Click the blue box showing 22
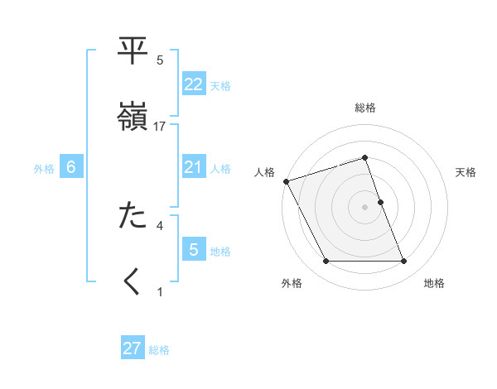pos(193,84)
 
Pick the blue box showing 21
pos(193,168)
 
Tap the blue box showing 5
pos(193,250)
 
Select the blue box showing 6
pos(71,168)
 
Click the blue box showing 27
pos(133,348)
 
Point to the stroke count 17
pos(161,126)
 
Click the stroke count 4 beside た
pos(160,224)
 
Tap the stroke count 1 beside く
pos(160,291)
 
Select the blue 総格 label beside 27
pos(159,350)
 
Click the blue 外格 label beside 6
pos(44,169)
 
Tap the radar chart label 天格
pos(466,172)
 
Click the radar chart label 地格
pos(434,284)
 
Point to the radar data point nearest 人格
pos(286,181)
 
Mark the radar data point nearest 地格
pos(403,262)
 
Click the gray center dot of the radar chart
pos(364,206)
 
